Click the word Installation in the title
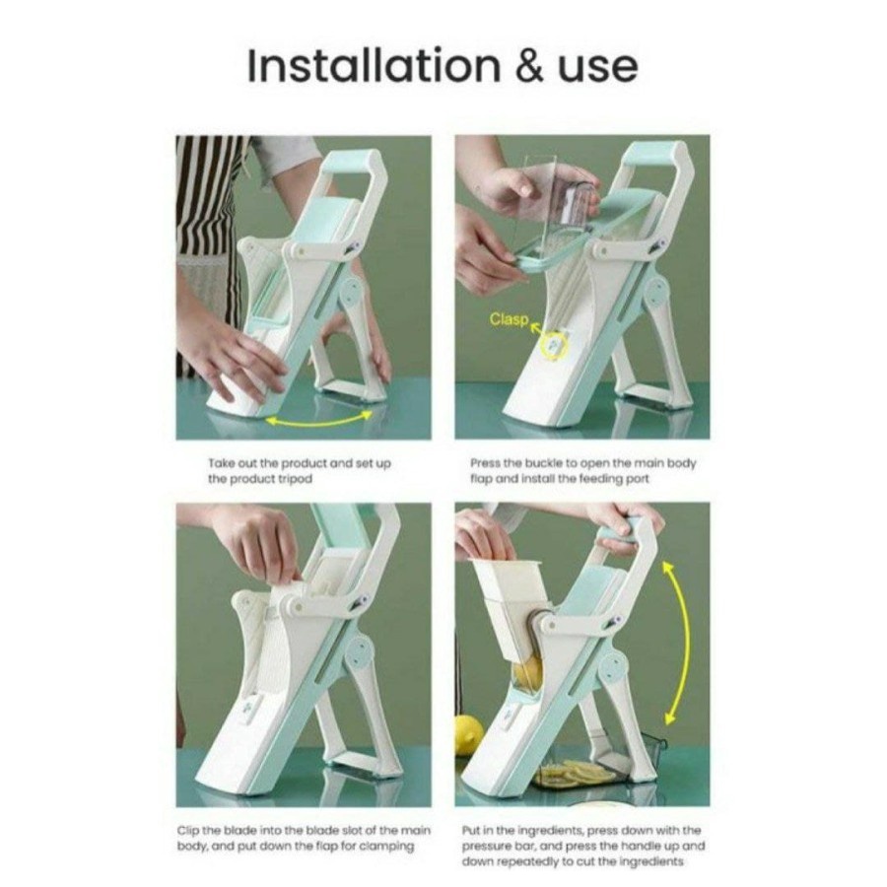[374, 66]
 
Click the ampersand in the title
[530, 66]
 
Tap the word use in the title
[598, 70]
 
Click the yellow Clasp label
[509, 319]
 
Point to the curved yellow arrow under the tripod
[319, 420]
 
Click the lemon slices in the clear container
[577, 772]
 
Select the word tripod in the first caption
[295, 479]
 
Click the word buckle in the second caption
[542, 463]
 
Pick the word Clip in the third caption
[189, 831]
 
